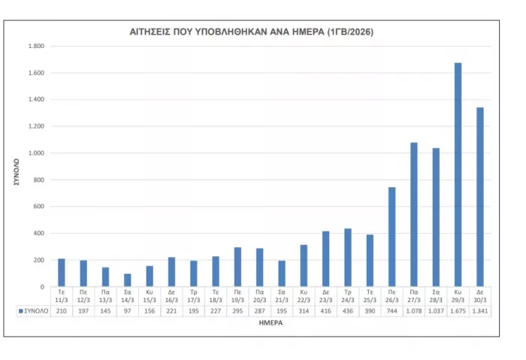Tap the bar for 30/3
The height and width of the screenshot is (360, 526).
point(479,197)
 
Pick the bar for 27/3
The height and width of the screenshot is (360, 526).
point(413,214)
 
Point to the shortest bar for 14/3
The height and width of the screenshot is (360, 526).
point(128,280)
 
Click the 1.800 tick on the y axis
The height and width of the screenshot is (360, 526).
point(36,47)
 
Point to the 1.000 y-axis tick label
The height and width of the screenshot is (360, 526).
point(36,153)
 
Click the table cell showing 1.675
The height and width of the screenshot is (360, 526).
point(458,310)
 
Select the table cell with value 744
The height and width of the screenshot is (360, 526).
point(391,310)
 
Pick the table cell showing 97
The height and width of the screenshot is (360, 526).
point(128,310)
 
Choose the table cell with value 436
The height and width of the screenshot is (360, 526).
point(348,310)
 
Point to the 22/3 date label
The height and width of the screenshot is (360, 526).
point(304,296)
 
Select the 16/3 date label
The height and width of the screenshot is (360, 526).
point(171,296)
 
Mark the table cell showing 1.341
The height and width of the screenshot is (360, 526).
point(479,310)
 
